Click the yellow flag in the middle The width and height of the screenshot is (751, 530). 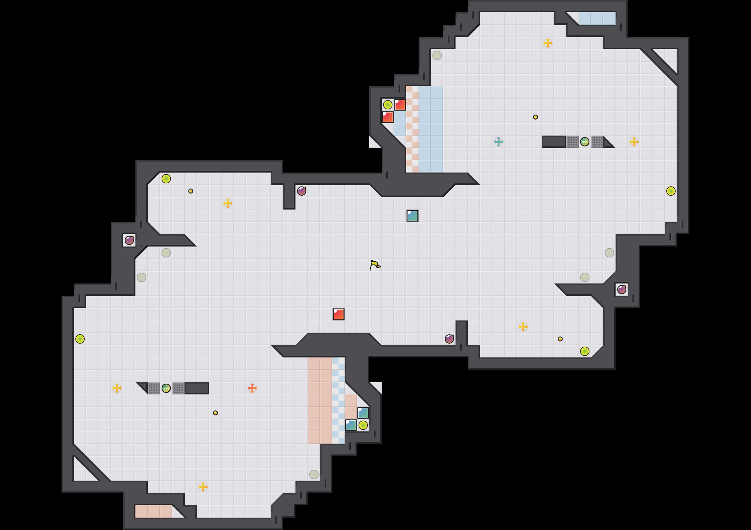375,265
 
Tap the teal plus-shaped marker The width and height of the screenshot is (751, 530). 499,142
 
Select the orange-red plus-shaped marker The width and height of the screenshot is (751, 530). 252,388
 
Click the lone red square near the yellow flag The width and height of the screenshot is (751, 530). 339,314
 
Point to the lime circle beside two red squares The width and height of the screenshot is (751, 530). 388,105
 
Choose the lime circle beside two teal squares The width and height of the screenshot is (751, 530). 363,425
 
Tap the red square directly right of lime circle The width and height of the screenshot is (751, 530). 400,105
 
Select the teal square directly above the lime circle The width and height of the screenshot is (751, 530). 363,413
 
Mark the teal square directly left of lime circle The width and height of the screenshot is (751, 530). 351,425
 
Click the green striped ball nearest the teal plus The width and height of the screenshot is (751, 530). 584,142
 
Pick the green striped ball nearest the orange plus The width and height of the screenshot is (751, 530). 166,388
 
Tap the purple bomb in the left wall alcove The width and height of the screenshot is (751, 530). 129,240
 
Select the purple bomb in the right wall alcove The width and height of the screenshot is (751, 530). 621,290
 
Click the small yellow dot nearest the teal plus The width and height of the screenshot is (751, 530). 536,117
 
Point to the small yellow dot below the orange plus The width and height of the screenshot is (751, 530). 215,413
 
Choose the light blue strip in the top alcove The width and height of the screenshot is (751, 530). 596,18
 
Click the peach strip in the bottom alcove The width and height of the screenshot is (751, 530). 154,511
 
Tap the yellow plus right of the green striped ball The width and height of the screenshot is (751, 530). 634,142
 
